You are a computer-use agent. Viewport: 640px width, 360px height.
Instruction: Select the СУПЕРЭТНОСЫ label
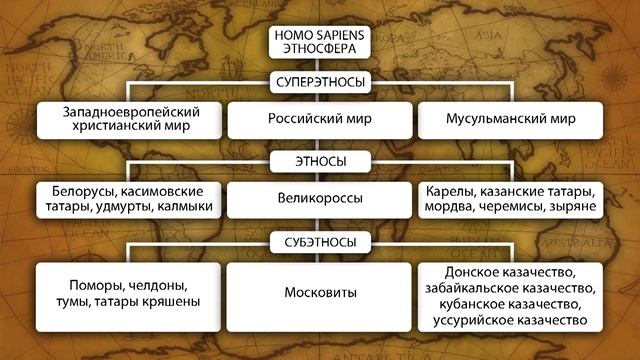[319, 82]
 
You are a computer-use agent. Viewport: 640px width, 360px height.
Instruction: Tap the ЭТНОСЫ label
[319, 159]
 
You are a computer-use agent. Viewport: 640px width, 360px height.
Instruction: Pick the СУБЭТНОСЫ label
[319, 241]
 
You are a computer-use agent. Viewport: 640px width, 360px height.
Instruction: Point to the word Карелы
[452, 190]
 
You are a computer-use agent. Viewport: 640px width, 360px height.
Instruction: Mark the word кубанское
[472, 303]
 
